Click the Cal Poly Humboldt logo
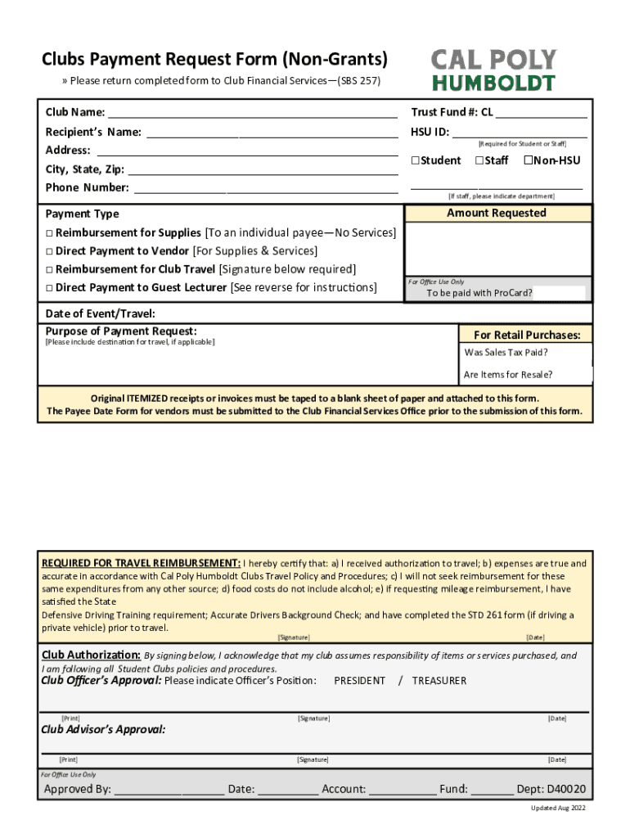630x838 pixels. [493, 70]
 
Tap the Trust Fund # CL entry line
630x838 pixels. [541, 114]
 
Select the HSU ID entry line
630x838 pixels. [520, 133]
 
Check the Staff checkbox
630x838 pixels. [479, 160]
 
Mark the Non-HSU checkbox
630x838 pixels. [528, 160]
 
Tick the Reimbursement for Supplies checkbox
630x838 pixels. [49, 233]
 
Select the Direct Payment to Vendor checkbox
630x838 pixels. [49, 251]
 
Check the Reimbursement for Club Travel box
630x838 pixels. [49, 269]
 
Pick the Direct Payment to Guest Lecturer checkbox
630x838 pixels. [49, 288]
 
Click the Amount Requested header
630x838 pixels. [496, 213]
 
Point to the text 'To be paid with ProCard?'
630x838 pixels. [479, 293]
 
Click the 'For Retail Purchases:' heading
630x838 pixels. [527, 335]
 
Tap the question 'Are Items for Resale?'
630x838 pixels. [507, 375]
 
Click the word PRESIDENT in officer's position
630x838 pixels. [359, 681]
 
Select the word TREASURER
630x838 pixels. [439, 681]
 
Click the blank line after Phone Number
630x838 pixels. [265, 189]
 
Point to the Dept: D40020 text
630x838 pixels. [551, 789]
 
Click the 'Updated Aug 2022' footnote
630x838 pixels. [558, 809]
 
